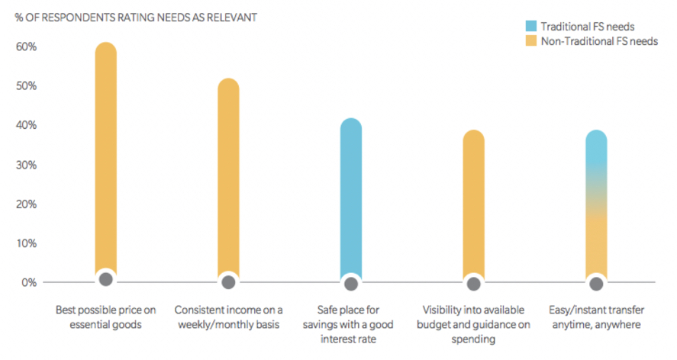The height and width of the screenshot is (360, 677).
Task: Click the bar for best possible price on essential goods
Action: (105, 160)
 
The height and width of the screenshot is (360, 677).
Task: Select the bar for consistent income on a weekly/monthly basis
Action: (228, 179)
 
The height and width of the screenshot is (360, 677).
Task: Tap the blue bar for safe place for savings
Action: (351, 198)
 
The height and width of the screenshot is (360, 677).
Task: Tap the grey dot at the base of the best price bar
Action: (106, 279)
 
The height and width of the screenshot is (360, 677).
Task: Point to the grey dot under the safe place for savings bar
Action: (351, 284)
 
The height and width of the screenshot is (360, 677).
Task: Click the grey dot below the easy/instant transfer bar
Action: (596, 284)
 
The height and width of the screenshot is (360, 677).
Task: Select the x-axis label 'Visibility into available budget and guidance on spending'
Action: (474, 324)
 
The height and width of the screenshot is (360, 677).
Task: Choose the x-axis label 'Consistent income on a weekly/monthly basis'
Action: (228, 317)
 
